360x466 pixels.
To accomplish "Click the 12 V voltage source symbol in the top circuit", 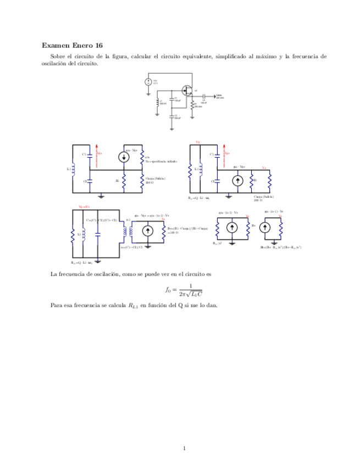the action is [148, 82].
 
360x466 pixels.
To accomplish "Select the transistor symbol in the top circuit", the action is [187, 90].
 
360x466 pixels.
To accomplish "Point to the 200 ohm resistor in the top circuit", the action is [193, 107].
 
